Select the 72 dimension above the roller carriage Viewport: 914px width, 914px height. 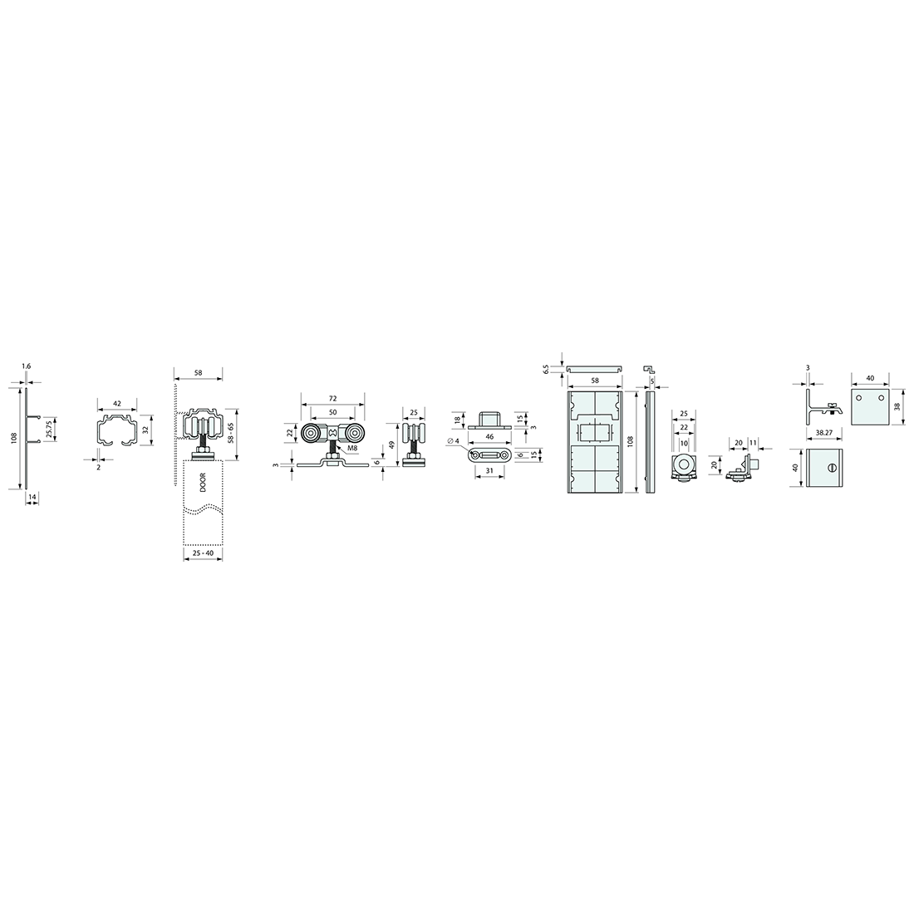tap(333, 398)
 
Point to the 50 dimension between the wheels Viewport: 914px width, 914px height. tap(333, 412)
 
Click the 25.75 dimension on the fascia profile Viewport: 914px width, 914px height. tap(49, 429)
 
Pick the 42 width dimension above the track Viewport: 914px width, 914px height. tap(117, 403)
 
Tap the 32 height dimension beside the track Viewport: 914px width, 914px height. tap(145, 430)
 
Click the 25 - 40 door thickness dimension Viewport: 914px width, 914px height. tap(203, 552)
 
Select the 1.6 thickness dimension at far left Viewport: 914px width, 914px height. tap(26, 366)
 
